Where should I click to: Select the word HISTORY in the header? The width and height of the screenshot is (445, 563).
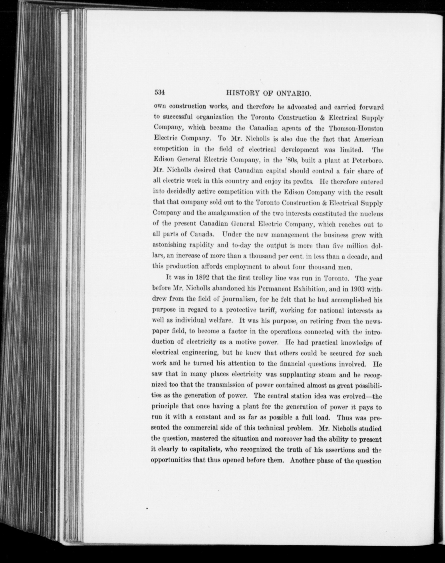click(x=243, y=93)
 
